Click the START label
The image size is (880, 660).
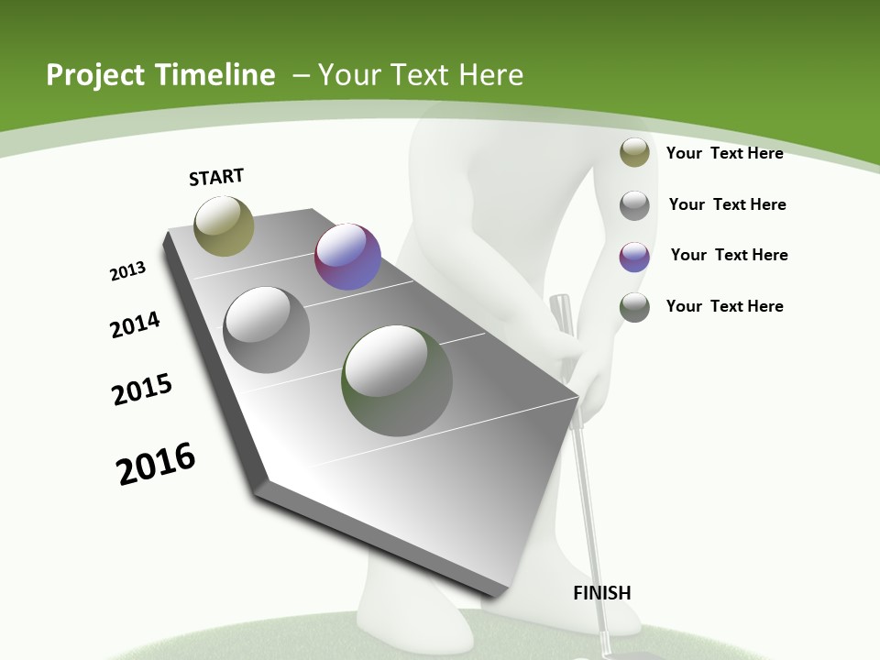pyautogui.click(x=216, y=177)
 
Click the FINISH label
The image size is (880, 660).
pyautogui.click(x=601, y=593)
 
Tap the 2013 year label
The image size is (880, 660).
pyautogui.click(x=128, y=271)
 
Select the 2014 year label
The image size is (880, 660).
pyautogui.click(x=136, y=324)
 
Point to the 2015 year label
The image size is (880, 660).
pyautogui.click(x=142, y=390)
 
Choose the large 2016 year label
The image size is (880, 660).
pyautogui.click(x=156, y=464)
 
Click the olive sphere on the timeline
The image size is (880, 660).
pyautogui.click(x=224, y=226)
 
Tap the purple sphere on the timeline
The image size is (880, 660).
pyautogui.click(x=347, y=257)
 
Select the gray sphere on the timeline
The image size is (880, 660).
pyautogui.click(x=267, y=330)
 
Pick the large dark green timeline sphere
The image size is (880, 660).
pyautogui.click(x=397, y=380)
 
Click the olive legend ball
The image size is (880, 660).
pyautogui.click(x=634, y=152)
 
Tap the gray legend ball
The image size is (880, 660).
pyautogui.click(x=634, y=204)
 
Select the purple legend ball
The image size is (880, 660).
pyautogui.click(x=634, y=256)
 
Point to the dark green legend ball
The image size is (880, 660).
pyautogui.click(x=634, y=306)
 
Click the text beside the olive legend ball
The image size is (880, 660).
pyautogui.click(x=724, y=153)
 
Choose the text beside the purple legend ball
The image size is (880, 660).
pyautogui.click(x=729, y=255)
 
